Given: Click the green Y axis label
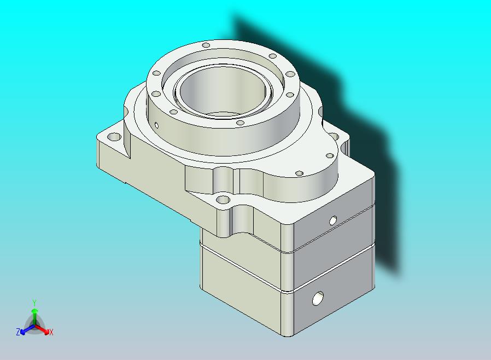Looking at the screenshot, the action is [34, 303].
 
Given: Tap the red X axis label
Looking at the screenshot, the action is [51, 333].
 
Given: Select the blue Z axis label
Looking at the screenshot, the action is [18, 332].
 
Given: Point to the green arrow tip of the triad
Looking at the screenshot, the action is [34, 311].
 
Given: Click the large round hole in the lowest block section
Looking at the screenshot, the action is [318, 298].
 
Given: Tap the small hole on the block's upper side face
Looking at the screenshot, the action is [333, 220].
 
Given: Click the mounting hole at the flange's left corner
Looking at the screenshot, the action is [114, 137].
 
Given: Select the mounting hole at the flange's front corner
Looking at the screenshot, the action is [223, 199].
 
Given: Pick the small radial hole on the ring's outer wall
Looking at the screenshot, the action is [157, 126].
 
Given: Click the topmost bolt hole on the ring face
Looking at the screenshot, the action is [206, 45].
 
